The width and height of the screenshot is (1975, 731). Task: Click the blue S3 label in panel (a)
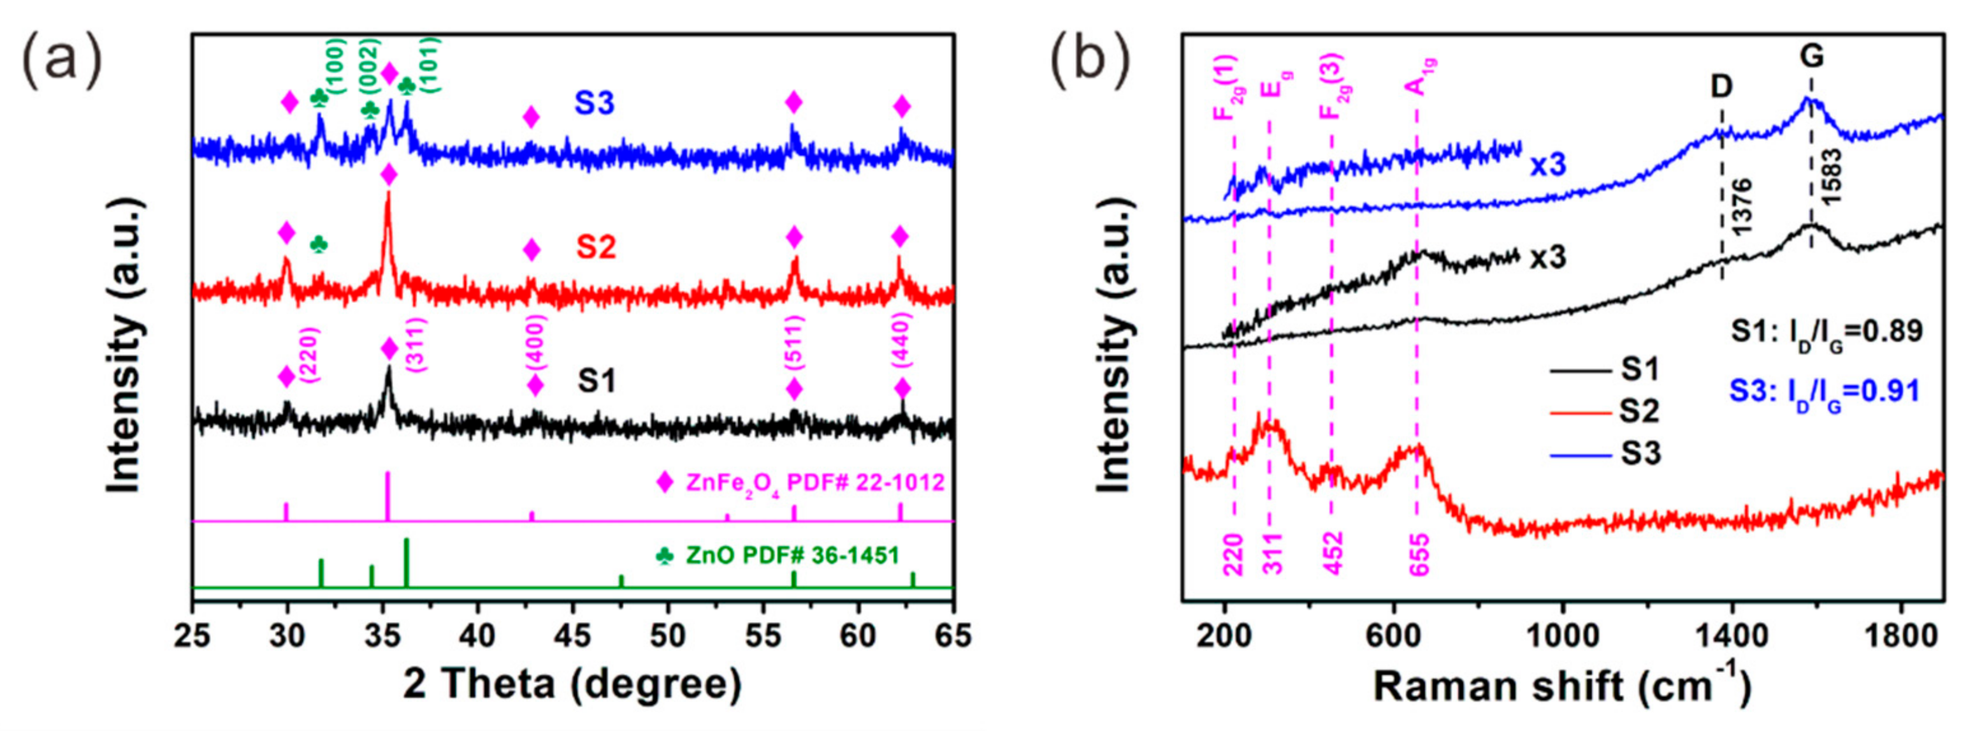[595, 103]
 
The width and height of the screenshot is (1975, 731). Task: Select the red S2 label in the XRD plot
[597, 247]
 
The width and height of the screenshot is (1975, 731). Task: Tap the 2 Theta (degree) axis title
[572, 685]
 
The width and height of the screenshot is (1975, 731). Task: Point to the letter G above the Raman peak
[1812, 56]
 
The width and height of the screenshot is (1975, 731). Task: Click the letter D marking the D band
[1722, 86]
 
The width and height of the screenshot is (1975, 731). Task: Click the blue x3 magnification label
[1548, 166]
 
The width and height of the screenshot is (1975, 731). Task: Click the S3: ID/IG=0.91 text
[1824, 392]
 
